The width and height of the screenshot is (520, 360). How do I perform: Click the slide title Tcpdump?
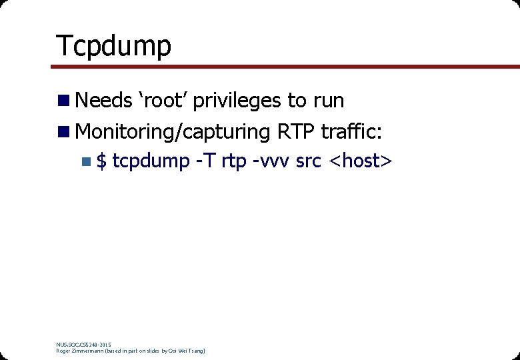[x=113, y=45]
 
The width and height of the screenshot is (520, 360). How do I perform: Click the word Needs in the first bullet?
[x=105, y=101]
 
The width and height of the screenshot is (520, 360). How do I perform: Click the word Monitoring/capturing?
[x=173, y=132]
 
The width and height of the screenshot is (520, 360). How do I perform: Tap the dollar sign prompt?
[x=101, y=161]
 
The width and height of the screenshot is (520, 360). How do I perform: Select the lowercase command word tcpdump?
[x=151, y=162]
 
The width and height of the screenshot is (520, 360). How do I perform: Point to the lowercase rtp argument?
[x=234, y=162]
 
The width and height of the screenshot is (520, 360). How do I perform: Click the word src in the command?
[x=309, y=162]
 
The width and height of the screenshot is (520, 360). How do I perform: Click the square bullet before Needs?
[x=63, y=101]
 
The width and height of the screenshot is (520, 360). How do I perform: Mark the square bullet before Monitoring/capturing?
[x=63, y=131]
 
